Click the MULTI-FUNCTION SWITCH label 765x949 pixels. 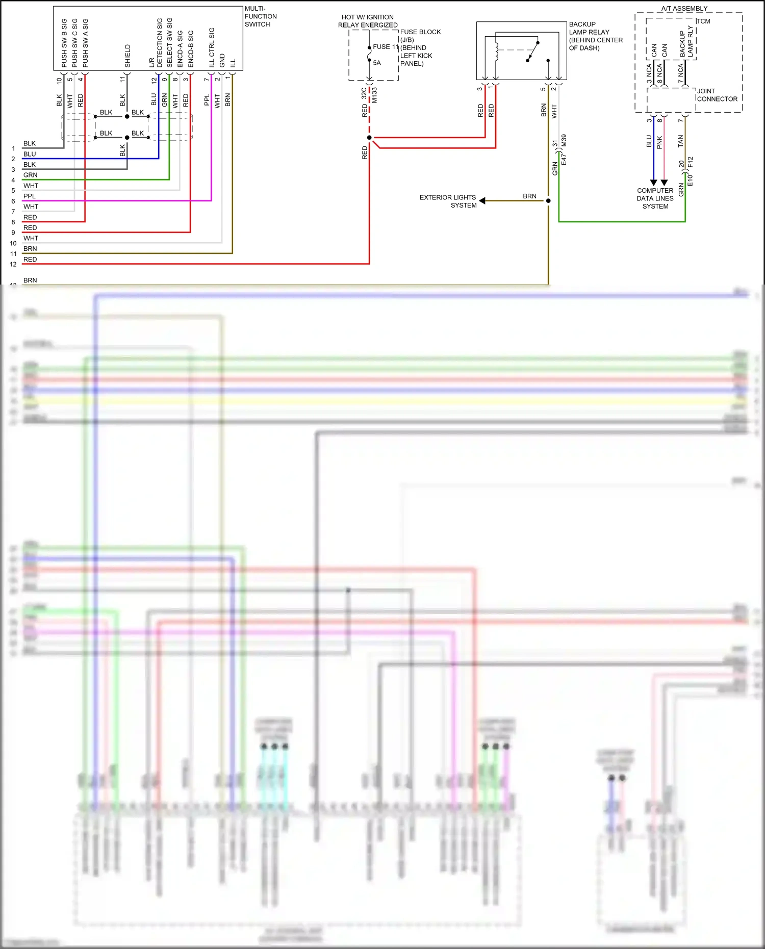[x=260, y=16]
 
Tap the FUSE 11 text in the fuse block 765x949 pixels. [x=385, y=47]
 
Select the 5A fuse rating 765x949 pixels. [x=377, y=63]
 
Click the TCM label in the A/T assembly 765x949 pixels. [x=703, y=21]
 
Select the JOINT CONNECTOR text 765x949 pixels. [x=717, y=95]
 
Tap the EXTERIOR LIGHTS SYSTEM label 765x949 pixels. [x=448, y=201]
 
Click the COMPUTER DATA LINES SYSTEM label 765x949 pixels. [x=655, y=198]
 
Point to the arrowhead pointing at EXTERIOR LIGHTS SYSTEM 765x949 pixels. [x=482, y=201]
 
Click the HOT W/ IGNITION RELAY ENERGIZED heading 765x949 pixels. [x=368, y=21]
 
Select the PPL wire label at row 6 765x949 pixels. [x=30, y=196]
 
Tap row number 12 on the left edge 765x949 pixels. [x=13, y=264]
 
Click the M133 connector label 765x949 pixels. [x=375, y=95]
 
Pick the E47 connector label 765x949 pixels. [x=564, y=159]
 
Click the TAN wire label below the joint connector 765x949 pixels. [x=680, y=141]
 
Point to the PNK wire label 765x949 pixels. [x=659, y=142]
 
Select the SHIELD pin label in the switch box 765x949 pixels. [x=127, y=56]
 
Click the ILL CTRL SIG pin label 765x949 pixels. [x=212, y=47]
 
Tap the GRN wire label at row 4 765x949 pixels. [x=30, y=175]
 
